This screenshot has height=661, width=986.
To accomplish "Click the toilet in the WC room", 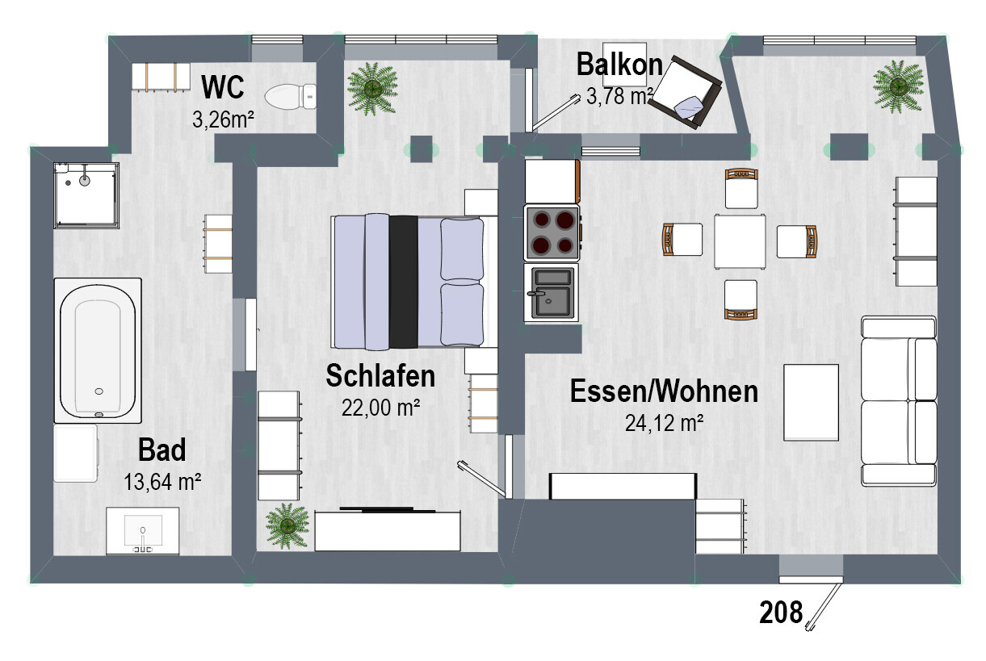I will click(x=291, y=98).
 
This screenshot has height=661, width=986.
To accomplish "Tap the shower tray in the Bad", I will click(x=86, y=195).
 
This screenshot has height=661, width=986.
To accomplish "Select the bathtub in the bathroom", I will click(x=98, y=350).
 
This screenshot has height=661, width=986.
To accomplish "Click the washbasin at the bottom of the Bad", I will click(x=143, y=532).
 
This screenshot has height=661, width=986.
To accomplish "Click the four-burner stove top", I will click(x=552, y=232).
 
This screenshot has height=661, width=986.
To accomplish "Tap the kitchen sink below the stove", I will click(x=552, y=291).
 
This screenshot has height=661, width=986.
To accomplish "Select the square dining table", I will click(x=739, y=241).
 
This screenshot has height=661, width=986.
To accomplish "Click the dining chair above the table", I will click(x=741, y=189).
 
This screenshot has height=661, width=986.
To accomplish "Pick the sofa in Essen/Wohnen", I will click(x=899, y=400).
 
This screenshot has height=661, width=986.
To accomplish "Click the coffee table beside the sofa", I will click(x=812, y=401).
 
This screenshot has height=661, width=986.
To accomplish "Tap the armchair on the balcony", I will click(x=689, y=93).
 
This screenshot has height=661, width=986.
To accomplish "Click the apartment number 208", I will click(x=781, y=613).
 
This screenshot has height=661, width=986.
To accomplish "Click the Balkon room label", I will click(x=619, y=64).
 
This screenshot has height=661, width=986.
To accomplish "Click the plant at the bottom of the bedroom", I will click(x=287, y=525).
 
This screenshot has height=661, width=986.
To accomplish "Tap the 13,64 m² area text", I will click(x=162, y=482).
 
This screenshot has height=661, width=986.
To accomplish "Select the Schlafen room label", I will click(x=380, y=375).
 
